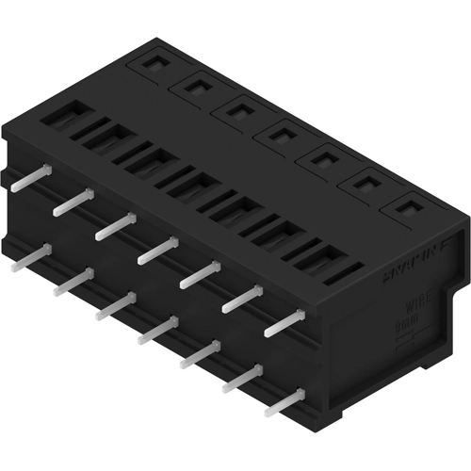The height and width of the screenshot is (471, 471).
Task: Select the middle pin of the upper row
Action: pos(158,250)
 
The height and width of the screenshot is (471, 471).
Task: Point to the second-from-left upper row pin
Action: pos(74,201)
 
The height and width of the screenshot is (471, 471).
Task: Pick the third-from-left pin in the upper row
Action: pos(116,225)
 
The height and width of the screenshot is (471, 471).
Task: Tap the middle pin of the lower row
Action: pos(158,331)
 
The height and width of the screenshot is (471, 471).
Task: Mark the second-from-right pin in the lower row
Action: pos(244,379)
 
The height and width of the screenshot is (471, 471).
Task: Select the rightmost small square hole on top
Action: pos(407,206)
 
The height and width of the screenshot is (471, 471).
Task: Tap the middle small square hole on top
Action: pos(281,135)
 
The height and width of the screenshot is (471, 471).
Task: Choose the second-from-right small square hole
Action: pos(365,183)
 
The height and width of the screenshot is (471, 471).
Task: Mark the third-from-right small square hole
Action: pos(322,159)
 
